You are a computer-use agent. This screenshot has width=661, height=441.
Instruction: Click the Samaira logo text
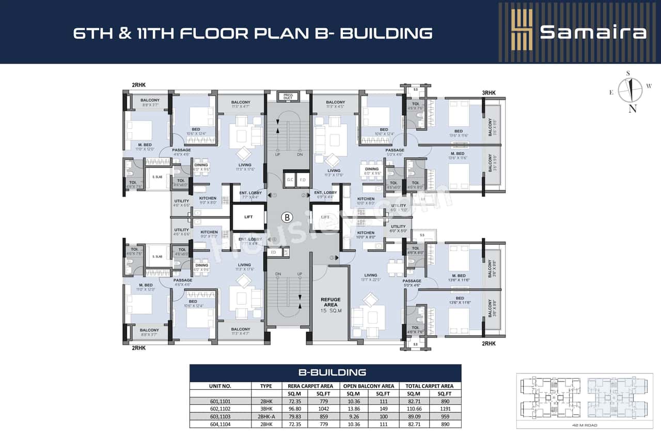click(593, 32)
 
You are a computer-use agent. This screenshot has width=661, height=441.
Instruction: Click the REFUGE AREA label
click(330, 302)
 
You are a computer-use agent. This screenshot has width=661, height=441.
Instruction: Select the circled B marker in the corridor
click(287, 217)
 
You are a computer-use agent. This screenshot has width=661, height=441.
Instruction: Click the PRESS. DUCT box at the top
click(288, 96)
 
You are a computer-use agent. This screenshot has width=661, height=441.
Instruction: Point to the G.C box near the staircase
click(289, 179)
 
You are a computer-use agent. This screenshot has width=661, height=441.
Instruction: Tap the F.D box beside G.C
click(303, 179)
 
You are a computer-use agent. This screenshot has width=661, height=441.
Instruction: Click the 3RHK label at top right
click(489, 93)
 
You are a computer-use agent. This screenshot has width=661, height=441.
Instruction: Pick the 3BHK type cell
click(265, 408)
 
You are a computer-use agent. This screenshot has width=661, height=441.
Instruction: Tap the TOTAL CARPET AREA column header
click(429, 386)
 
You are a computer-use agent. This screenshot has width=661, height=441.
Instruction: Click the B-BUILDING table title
click(325, 372)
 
